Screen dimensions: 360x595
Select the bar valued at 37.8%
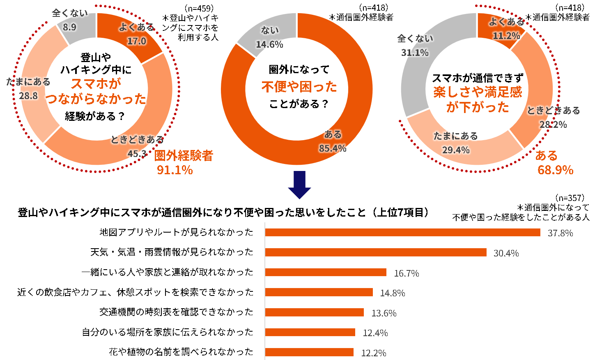tap(402, 233)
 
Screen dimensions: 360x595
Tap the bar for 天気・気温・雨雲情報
tap(375, 252)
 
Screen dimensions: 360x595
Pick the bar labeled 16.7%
tap(325, 272)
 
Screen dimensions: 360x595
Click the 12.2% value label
tap(373, 353)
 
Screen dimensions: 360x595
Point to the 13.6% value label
tap(384, 313)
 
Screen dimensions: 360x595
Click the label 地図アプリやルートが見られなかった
tap(176, 232)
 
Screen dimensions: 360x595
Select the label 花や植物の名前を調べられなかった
tap(181, 352)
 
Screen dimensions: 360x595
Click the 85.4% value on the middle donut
tap(333, 149)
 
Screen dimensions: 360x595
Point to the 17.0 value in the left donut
tap(136, 41)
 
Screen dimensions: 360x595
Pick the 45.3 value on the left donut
tap(137, 154)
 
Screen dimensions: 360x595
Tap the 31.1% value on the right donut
tap(414, 53)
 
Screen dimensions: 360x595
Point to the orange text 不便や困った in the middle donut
tap(299, 87)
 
